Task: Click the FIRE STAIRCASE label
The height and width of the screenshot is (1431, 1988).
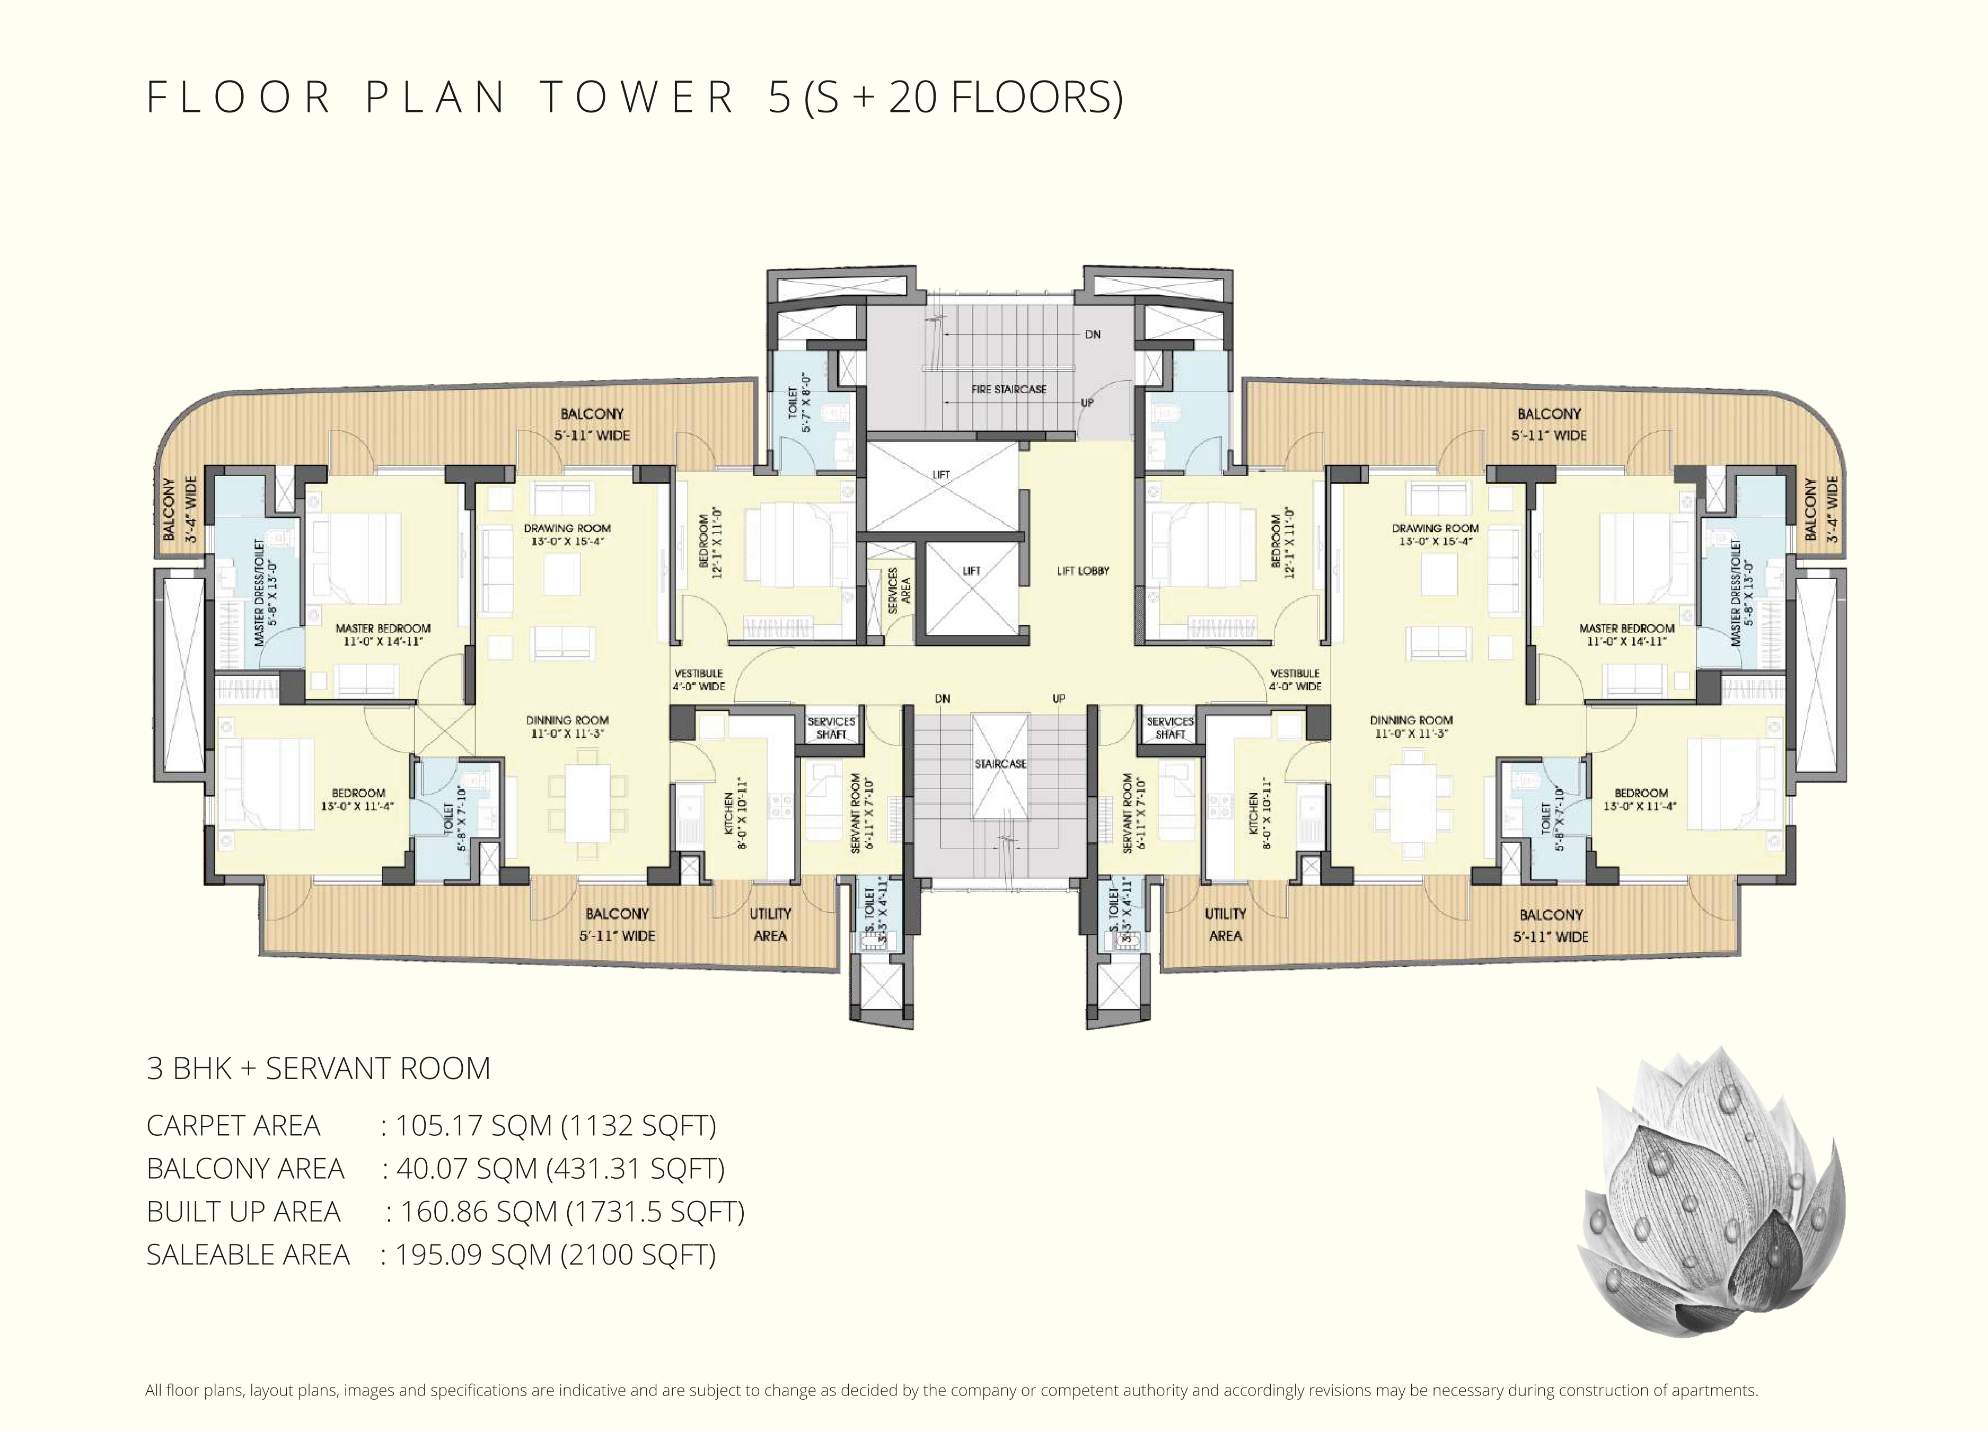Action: (x=1009, y=389)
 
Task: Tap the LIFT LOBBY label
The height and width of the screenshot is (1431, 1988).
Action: (x=1084, y=570)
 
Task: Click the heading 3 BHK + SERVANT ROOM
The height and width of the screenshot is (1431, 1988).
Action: (x=318, y=1069)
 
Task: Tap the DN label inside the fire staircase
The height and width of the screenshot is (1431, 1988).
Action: (x=1092, y=335)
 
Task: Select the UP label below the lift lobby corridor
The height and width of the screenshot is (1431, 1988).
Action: (x=1059, y=699)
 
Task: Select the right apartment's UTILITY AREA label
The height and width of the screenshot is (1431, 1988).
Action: (x=1226, y=924)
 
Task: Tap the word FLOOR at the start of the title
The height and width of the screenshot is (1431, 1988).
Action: (x=237, y=98)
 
